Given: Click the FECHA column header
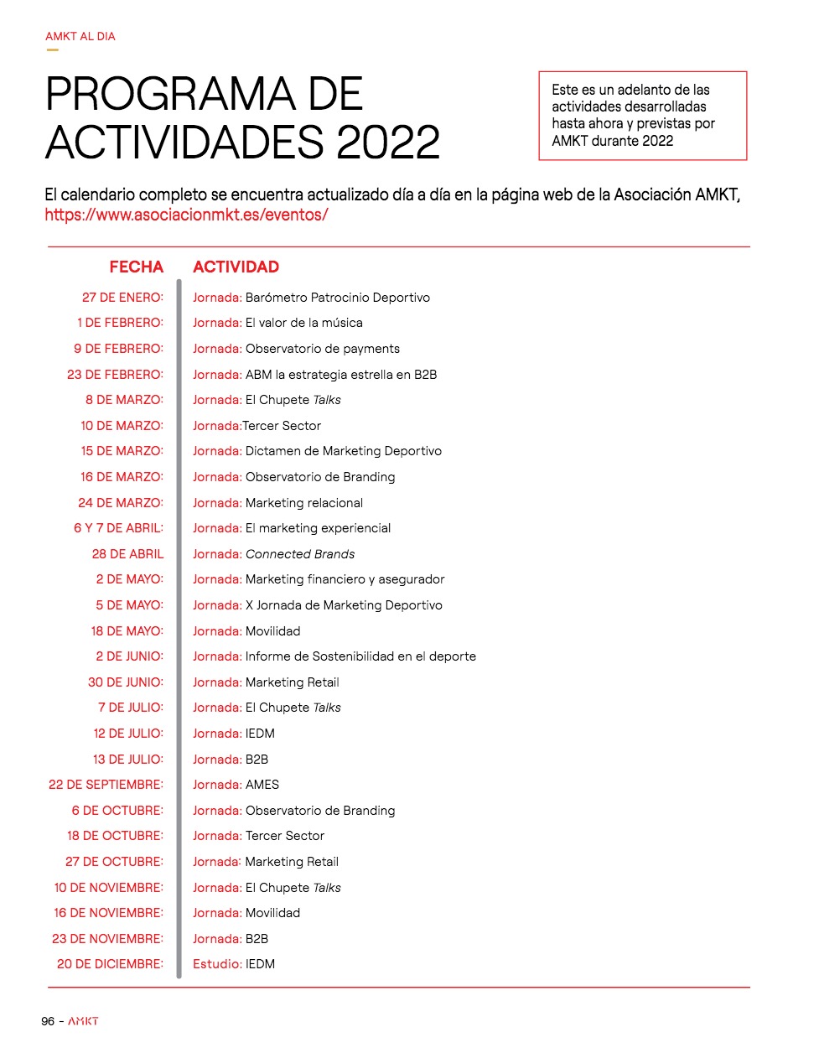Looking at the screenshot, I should [136, 267].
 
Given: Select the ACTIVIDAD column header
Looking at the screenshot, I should [236, 267].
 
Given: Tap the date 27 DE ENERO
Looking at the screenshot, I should [122, 298].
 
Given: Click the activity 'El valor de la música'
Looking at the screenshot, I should [303, 323].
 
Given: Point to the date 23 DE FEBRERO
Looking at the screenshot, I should [115, 375].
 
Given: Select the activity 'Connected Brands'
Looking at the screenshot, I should [300, 554].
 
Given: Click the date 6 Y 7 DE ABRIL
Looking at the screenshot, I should [118, 528].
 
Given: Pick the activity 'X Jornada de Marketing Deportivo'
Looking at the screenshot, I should [344, 605].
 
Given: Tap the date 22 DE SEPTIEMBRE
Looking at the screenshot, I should [106, 785].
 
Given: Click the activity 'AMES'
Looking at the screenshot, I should [262, 785].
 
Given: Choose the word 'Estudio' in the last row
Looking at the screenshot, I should [217, 964].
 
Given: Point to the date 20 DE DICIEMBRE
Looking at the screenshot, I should [110, 964].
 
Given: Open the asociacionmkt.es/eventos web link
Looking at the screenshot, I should [186, 215].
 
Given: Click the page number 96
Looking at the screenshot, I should [48, 1021].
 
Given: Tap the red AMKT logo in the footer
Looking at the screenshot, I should [83, 1021].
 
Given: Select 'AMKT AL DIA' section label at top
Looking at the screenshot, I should [80, 37].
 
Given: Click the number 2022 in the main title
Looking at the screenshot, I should [388, 142].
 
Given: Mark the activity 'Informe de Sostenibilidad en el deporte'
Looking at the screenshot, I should [360, 656].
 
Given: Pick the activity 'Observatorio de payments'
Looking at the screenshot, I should [323, 349].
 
